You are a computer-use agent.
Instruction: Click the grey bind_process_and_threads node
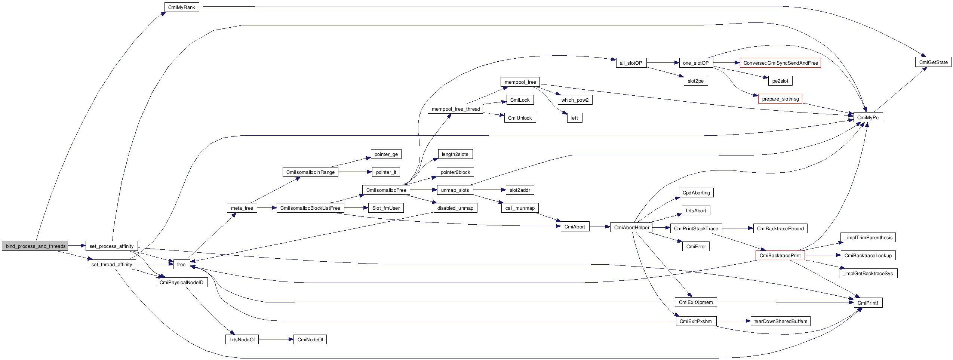point(35,246)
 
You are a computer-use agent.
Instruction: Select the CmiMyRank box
point(182,7)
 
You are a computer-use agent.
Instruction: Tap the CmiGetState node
point(933,62)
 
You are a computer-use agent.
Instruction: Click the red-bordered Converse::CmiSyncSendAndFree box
point(780,63)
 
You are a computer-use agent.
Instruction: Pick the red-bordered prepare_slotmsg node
point(780,99)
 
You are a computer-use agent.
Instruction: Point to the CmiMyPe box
point(868,117)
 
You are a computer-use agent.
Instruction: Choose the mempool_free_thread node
point(455,109)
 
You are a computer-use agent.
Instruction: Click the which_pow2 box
point(575,100)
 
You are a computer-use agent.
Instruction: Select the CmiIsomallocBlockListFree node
point(310,208)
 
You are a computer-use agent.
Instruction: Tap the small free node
point(181,264)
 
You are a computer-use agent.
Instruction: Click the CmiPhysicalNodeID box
point(181,282)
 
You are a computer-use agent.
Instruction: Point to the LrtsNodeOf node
point(242,339)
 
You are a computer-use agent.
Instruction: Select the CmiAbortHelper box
point(631,227)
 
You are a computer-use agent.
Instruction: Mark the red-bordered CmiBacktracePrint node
point(780,255)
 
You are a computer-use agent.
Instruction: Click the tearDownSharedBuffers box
point(780,321)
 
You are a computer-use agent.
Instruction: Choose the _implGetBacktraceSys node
point(868,273)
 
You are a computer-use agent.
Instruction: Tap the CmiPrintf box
point(868,303)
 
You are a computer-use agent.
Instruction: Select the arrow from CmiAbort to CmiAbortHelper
point(600,227)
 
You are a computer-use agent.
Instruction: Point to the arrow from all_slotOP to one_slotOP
point(663,63)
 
